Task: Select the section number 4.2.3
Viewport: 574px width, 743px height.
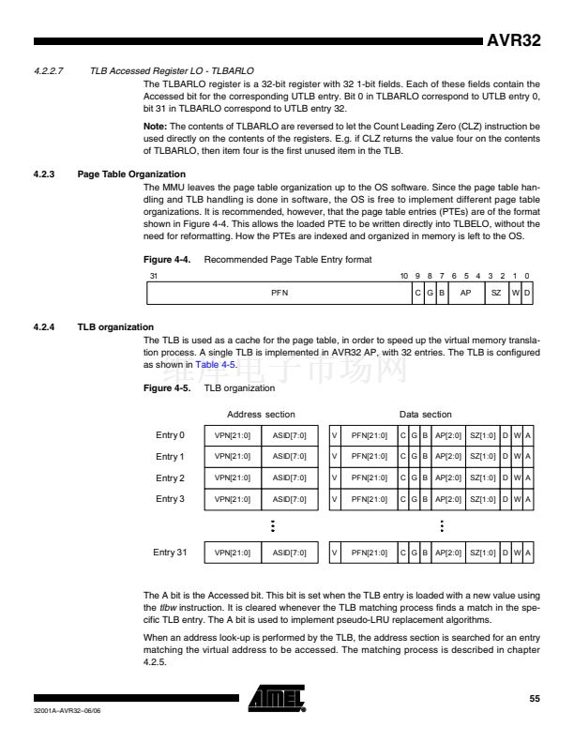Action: (x=45, y=174)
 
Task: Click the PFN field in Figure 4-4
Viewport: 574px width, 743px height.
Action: (x=279, y=294)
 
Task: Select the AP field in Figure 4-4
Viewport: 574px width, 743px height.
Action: (x=464, y=294)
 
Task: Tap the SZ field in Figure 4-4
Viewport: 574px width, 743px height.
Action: (x=496, y=294)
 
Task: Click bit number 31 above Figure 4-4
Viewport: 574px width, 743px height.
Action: (x=154, y=277)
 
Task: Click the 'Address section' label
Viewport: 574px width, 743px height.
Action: (x=261, y=414)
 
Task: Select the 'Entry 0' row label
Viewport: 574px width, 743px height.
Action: (x=169, y=435)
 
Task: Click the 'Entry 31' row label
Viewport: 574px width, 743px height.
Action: (x=171, y=552)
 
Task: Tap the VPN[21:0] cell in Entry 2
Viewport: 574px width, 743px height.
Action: (x=233, y=478)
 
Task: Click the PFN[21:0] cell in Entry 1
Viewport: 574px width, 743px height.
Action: (x=370, y=457)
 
